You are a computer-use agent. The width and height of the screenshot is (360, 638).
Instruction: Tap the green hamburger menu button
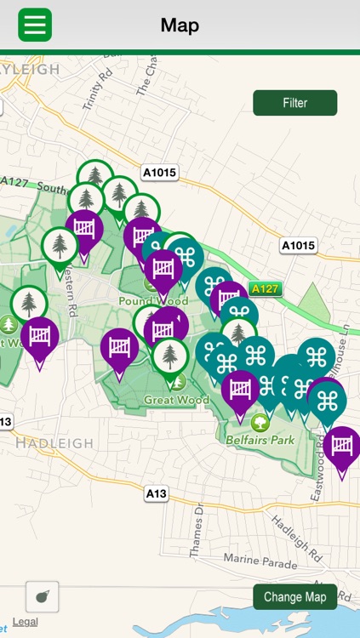(35, 25)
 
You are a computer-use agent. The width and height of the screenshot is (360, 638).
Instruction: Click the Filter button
(294, 103)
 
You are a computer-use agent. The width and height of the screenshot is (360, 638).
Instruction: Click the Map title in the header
(180, 26)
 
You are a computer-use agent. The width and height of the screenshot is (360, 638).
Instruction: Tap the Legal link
(25, 622)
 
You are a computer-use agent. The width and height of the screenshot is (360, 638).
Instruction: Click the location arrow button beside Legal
(42, 597)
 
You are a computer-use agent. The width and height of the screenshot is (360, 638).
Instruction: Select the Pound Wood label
(153, 301)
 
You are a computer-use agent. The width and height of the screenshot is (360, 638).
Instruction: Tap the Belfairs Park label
(260, 440)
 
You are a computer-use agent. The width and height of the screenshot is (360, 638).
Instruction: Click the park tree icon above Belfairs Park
(260, 422)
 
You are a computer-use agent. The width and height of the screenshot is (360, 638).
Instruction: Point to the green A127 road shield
(265, 288)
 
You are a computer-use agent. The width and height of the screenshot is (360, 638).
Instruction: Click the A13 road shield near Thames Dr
(156, 493)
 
